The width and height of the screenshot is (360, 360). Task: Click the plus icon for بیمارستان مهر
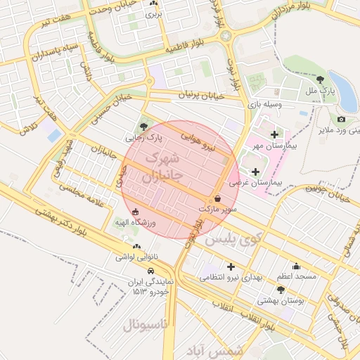click(x=274, y=134)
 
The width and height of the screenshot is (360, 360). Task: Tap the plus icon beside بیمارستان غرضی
click(x=255, y=171)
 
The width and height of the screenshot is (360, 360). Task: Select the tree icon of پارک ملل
click(x=321, y=79)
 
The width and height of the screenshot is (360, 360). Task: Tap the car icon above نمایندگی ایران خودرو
click(x=151, y=271)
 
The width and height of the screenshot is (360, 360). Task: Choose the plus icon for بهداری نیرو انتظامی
click(x=230, y=266)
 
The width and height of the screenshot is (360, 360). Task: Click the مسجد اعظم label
click(x=296, y=276)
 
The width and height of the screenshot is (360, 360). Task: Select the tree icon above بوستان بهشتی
click(x=281, y=289)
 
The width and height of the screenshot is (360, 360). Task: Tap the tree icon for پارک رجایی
click(x=144, y=127)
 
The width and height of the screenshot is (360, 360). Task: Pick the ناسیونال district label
click(x=145, y=325)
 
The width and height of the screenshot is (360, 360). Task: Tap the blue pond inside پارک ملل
click(x=342, y=92)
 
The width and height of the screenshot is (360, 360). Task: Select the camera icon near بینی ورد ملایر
click(x=341, y=120)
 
